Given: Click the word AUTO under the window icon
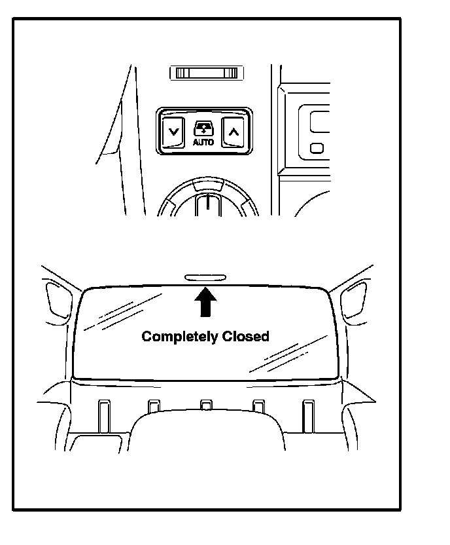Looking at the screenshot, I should coord(203,141).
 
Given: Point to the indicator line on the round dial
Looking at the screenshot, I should coord(206,202).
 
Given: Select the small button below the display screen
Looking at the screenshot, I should coord(317,147).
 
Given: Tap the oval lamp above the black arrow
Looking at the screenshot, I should coord(205,278).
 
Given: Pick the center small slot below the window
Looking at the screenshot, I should coord(205,407).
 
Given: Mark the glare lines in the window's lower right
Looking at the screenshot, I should coord(288,354).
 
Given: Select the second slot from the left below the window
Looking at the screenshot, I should coord(154,407).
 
